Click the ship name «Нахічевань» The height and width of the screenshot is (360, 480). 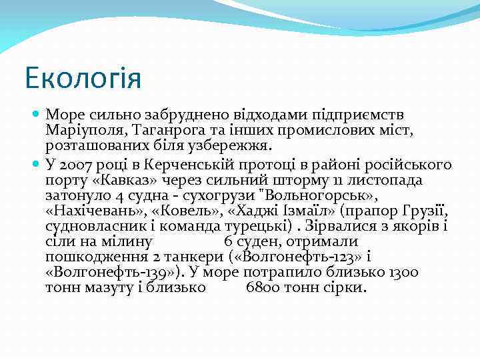point(95,211)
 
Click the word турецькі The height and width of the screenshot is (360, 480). point(253,227)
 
